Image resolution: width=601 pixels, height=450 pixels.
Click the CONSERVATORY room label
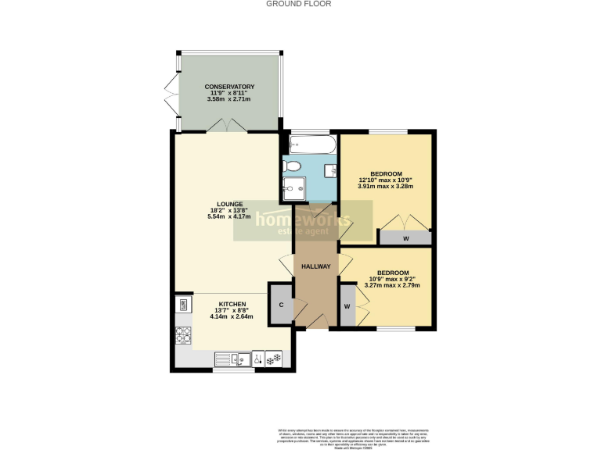[230, 86]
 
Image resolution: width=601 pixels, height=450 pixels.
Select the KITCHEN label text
[232, 303]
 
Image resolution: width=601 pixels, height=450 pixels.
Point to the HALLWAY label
[316, 266]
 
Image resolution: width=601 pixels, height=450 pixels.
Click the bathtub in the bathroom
[312, 144]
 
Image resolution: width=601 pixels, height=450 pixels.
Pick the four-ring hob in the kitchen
[184, 334]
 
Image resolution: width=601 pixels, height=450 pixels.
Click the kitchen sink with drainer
[235, 359]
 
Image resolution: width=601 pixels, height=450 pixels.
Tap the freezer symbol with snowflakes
[273, 359]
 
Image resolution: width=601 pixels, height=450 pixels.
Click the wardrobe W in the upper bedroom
[405, 237]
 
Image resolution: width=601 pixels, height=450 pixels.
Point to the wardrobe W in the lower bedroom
[347, 305]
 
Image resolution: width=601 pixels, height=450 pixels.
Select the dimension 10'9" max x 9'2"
[392, 279]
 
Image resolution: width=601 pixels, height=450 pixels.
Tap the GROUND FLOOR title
[299, 4]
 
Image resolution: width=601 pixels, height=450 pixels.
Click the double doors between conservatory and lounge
[228, 125]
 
